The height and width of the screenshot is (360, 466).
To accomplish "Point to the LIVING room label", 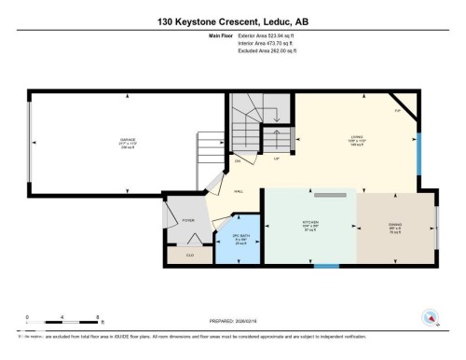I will [356, 140].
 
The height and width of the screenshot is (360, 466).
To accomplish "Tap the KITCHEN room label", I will [309, 226].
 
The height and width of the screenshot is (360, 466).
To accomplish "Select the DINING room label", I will [394, 226].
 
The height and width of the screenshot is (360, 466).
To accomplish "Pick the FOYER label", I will [187, 220].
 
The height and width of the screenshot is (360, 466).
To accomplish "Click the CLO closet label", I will [190, 254].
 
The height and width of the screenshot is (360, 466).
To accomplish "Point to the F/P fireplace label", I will [399, 109].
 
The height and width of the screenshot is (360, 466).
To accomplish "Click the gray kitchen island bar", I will [330, 196].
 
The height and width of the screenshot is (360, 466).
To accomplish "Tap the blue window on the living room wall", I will [418, 145].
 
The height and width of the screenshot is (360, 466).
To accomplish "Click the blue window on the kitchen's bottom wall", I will [326, 267].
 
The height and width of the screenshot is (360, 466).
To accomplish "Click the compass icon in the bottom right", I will [430, 316].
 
